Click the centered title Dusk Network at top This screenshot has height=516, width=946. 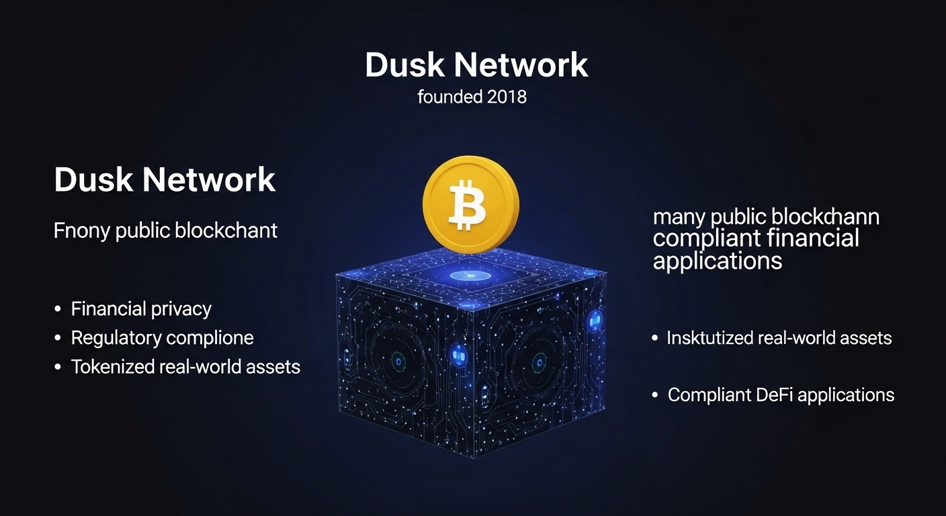click(476, 65)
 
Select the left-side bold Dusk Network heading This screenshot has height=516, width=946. click(165, 180)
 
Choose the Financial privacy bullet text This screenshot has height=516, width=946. click(141, 309)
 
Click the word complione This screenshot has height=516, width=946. click(212, 338)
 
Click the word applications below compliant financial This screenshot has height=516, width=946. click(718, 261)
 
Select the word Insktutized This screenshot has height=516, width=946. click(709, 338)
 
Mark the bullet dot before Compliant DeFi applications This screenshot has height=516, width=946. click(655, 396)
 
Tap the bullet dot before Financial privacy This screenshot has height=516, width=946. click(58, 310)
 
